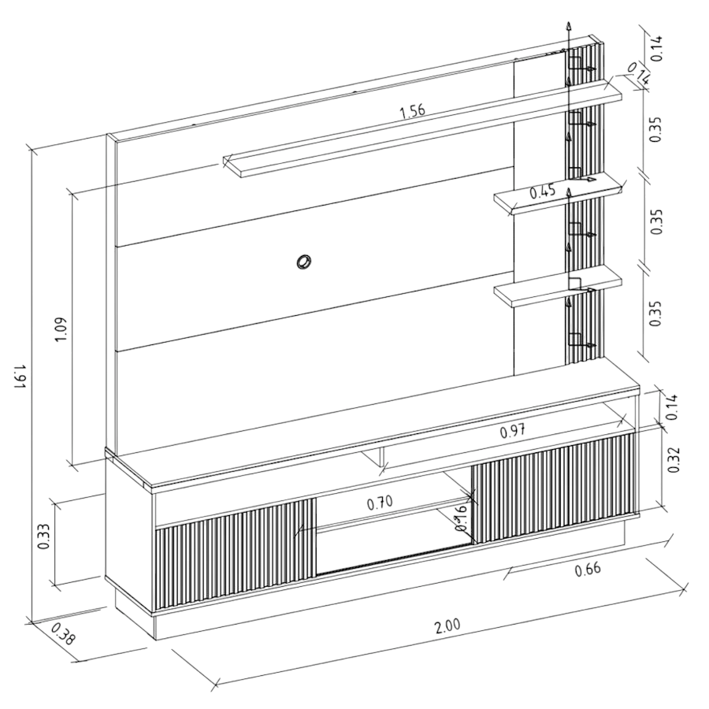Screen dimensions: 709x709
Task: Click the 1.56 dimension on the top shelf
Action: point(412,111)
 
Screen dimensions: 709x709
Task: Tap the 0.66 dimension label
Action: point(587,570)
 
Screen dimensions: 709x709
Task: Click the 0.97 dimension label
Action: point(513,431)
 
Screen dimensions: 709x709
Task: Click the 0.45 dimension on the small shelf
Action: point(542,191)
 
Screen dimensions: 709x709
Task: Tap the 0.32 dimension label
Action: point(674,459)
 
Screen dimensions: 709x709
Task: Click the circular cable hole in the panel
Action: point(303,261)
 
